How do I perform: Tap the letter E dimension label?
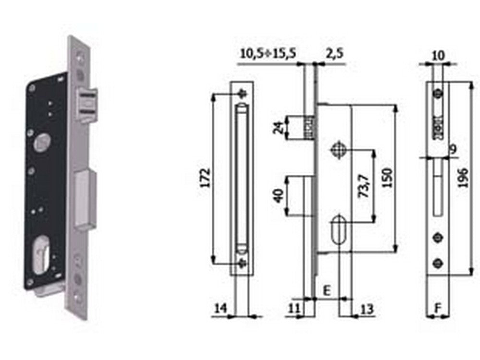click(327, 290)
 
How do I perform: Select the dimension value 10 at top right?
click(438, 55)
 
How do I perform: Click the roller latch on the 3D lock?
click(87, 105)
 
